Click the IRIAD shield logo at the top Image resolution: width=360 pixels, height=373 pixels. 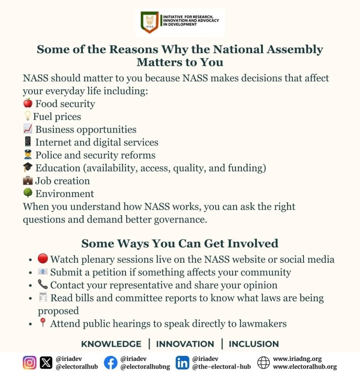pos(149,23)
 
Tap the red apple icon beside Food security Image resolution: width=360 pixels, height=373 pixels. pos(28,103)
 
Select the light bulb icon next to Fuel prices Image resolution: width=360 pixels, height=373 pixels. pos(27,116)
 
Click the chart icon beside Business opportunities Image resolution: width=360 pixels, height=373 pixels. pos(28,129)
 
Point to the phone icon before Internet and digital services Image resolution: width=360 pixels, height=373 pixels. pos(28,142)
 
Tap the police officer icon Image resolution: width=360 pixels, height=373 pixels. pos(28,155)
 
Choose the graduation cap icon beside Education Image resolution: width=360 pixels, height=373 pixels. pos(28,168)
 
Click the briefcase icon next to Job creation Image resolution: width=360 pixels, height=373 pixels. pos(28,181)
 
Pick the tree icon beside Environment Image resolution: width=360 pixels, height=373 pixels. pos(28,193)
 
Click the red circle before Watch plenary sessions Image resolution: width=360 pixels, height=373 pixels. pos(43,259)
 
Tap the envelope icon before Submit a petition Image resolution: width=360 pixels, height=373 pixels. pos(43,272)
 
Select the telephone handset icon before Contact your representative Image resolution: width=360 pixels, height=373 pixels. pos(43,284)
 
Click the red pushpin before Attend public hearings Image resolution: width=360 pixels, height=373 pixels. pos(43,323)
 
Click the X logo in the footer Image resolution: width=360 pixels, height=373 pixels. pos(46,363)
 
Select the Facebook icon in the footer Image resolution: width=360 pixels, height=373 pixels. pos(111,363)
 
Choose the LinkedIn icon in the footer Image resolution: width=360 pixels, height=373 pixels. pos(182,363)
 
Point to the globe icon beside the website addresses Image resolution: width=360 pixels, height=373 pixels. pos(263,363)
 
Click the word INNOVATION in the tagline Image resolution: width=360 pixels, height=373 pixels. pos(185,344)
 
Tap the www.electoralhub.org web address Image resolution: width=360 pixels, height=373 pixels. pos(305,367)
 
